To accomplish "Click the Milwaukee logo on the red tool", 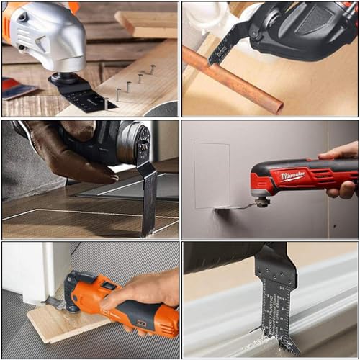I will coord(292,176).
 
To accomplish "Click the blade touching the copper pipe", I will coord(220,47).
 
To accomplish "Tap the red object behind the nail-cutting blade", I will coord(18,88).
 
